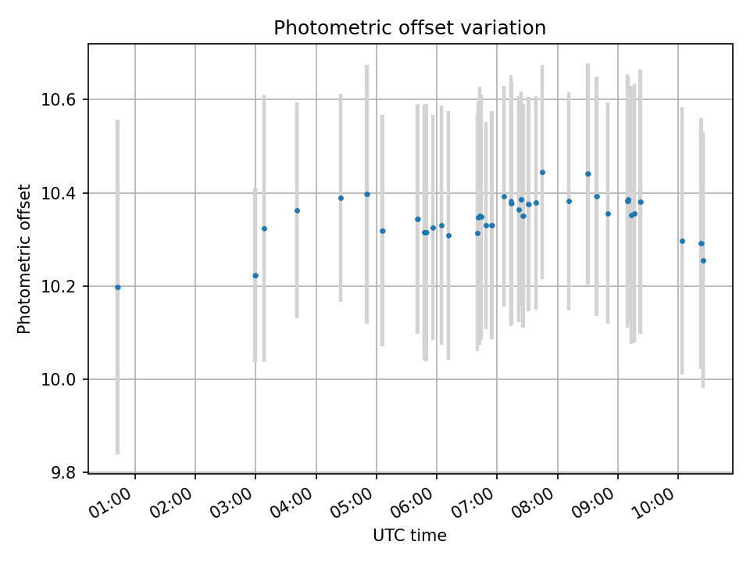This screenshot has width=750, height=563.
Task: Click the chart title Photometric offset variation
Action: (x=409, y=28)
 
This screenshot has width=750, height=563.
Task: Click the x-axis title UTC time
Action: (x=409, y=536)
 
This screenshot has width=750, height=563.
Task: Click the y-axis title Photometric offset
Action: (x=24, y=259)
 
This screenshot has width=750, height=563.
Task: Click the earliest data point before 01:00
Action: (x=118, y=287)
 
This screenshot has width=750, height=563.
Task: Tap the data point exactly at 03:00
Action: (x=255, y=275)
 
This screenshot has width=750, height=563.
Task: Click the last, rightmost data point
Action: (x=703, y=260)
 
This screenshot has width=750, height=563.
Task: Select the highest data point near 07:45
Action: (x=542, y=172)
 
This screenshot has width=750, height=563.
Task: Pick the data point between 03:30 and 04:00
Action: (x=297, y=210)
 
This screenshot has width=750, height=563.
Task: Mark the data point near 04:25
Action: (x=341, y=198)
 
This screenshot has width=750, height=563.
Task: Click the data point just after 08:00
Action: (x=569, y=201)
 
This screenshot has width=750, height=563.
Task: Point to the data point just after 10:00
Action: (x=682, y=241)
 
